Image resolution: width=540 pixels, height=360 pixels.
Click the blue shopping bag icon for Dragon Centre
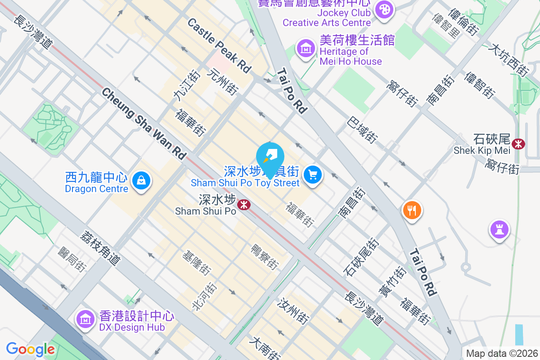tap(141, 181)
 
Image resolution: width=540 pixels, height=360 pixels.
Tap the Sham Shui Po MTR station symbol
tap(244, 205)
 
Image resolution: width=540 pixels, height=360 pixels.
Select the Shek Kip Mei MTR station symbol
tap(519, 144)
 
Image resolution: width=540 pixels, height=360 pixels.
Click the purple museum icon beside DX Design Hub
tap(85, 319)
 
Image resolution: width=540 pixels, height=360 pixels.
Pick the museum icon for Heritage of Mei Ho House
tap(306, 47)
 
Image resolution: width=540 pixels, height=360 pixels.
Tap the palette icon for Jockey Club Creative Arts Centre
tap(384, 9)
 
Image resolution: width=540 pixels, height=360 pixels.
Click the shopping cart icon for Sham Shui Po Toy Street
tap(313, 175)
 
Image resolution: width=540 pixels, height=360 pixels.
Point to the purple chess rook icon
tap(499, 229)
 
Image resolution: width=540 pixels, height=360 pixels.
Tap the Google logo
tap(30, 349)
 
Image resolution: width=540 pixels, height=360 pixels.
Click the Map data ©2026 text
tap(501, 354)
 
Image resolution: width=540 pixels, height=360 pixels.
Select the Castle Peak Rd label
tap(219, 45)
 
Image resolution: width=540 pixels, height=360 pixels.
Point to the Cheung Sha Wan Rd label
tap(144, 123)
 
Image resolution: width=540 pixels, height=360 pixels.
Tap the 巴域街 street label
tap(362, 131)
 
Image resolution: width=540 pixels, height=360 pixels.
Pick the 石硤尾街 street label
tap(361, 257)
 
